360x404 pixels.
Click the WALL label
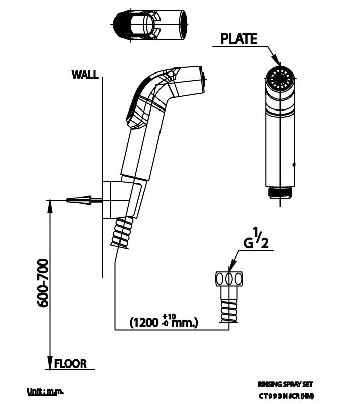pos(85,75)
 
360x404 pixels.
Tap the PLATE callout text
pos(239,39)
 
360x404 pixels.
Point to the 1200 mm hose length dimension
pos(164,321)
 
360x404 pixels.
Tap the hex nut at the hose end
pos(229,280)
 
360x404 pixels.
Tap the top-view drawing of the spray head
pos(151,25)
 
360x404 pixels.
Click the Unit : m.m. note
pos(45,391)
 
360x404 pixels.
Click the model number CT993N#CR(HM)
pos(286,396)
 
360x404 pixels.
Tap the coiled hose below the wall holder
pos(123,234)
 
